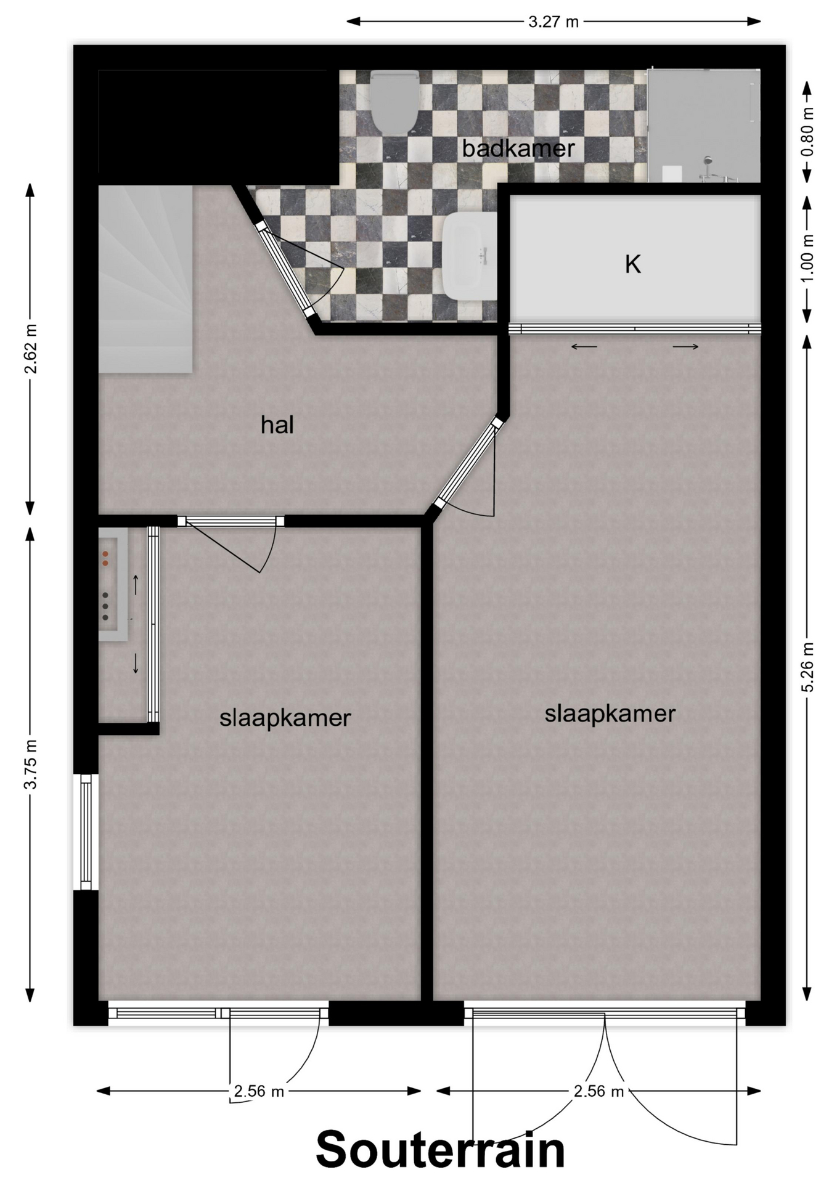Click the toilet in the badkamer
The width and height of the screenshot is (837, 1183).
tap(395, 102)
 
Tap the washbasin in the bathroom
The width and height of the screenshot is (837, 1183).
tap(470, 256)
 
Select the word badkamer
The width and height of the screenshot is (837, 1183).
tap(518, 148)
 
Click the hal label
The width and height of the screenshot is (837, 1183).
tap(277, 425)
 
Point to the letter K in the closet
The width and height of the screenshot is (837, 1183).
tap(633, 264)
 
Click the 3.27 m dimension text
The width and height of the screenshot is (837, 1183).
tap(553, 22)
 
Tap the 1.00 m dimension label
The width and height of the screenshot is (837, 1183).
tap(808, 258)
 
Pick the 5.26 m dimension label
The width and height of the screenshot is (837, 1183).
tap(808, 667)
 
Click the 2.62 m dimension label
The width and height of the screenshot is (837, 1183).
tap(30, 349)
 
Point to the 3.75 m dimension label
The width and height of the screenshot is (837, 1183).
tap(30, 764)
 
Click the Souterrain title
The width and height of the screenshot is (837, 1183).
tap(440, 1150)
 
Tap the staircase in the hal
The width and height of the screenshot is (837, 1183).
tap(146, 279)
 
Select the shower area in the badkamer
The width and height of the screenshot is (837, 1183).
tap(704, 126)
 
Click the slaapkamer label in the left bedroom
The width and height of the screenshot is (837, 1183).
tap(285, 718)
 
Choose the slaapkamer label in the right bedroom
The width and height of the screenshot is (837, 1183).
tap(610, 714)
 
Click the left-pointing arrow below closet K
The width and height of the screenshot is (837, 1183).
tap(584, 347)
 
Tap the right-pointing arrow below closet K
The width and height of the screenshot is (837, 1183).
tap(685, 347)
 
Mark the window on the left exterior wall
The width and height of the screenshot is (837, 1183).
tap(86, 832)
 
